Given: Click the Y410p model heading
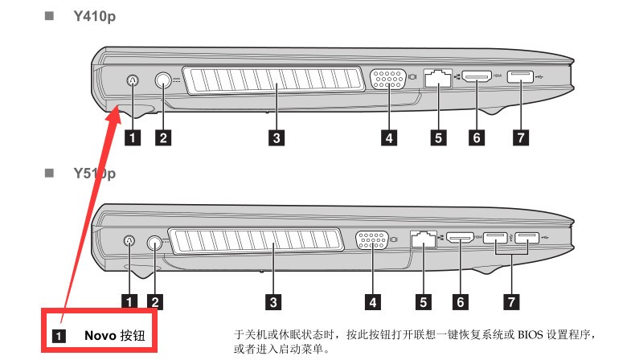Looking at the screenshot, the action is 95,17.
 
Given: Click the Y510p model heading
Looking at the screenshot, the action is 95,174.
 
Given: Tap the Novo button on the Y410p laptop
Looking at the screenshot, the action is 133,81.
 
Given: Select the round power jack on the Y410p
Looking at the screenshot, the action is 163,80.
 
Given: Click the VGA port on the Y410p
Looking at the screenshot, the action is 388,79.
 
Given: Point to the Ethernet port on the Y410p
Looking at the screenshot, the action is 438,78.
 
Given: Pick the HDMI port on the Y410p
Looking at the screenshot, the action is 477,76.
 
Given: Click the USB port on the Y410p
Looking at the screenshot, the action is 520,76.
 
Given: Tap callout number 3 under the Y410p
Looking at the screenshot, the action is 277,138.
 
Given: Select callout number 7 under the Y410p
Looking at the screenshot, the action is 521,137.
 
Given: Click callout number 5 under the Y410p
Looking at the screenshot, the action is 438,137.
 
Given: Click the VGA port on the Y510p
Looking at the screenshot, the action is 372,240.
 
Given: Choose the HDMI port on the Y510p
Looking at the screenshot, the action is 461,237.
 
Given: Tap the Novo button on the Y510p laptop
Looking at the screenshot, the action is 129,240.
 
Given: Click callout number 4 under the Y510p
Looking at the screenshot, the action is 373,302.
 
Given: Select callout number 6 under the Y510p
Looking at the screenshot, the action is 461,301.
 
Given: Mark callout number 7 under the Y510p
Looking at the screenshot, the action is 511,301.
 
